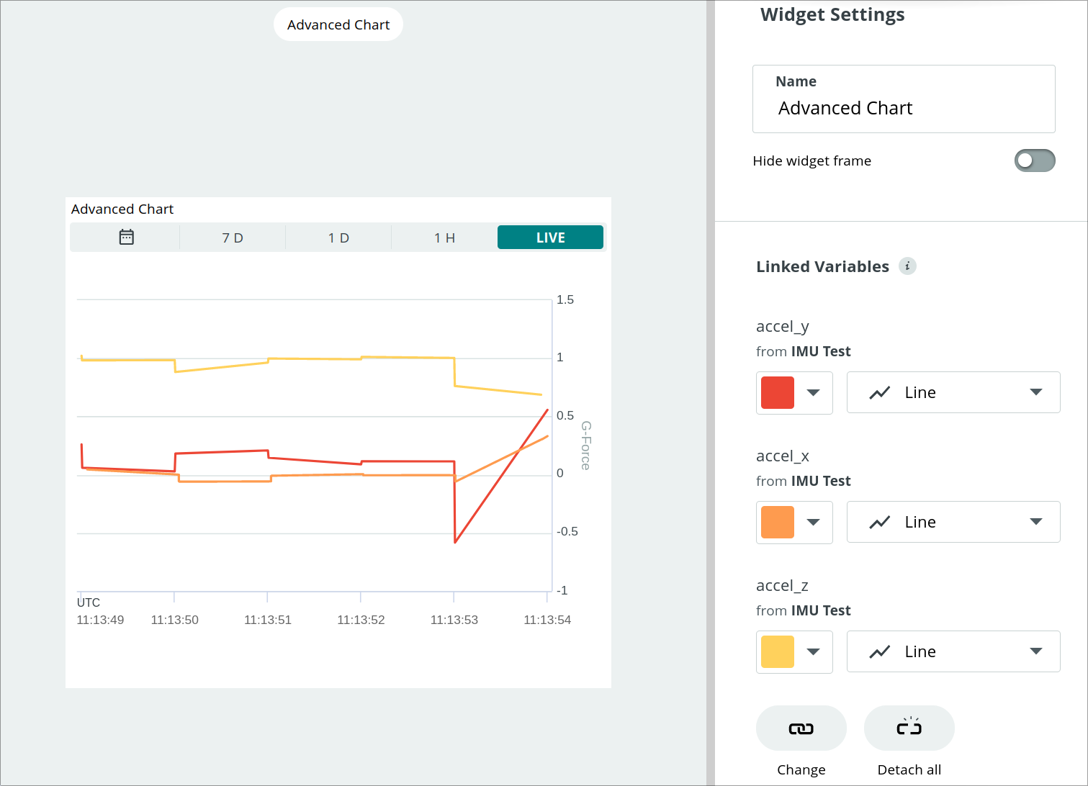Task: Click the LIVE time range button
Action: point(550,238)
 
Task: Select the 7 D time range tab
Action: point(233,238)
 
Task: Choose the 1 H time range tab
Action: point(444,238)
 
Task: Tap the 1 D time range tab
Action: point(338,238)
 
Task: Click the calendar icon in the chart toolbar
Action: point(126,238)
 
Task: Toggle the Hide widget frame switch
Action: point(1034,161)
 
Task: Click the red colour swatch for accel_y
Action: point(778,392)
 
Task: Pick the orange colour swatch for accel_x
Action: point(778,522)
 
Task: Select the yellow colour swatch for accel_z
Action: point(778,651)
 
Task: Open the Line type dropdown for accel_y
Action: point(953,392)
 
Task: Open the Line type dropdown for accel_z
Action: point(953,651)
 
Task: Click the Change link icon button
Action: point(801,728)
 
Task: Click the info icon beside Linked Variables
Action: point(907,266)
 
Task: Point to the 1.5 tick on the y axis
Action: point(565,299)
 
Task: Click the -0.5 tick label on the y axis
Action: point(567,532)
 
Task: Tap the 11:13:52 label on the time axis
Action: point(361,620)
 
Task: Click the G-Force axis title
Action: point(586,446)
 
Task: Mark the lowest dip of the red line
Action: point(456,542)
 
